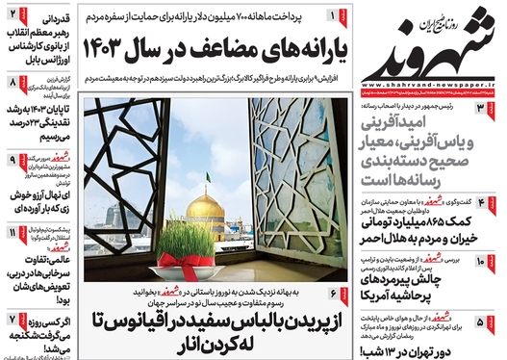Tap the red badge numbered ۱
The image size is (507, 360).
tap(333, 15)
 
